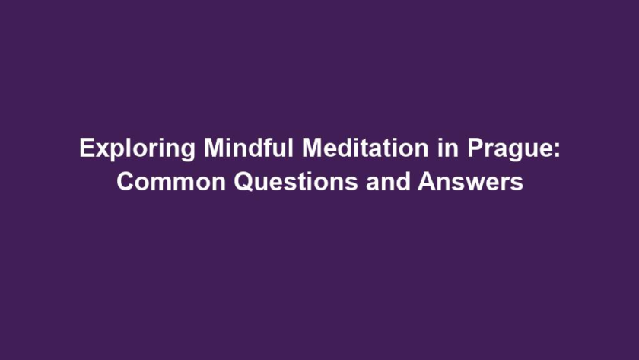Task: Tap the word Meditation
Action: click(365, 147)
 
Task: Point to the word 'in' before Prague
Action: click(448, 147)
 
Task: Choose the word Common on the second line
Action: click(171, 182)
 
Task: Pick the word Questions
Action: click(296, 182)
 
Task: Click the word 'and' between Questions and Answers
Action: click(388, 181)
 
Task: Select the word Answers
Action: click(470, 182)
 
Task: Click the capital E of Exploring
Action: click(87, 148)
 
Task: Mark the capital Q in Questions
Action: click(244, 182)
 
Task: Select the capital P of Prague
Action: click(475, 148)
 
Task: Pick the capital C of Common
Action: click(126, 182)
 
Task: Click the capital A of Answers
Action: click(428, 181)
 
